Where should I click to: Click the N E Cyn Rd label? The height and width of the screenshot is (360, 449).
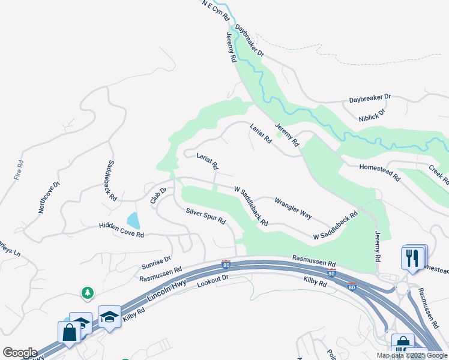[216, 11]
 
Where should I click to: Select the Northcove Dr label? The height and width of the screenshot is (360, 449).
[49, 197]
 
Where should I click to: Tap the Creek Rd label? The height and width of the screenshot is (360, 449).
[438, 174]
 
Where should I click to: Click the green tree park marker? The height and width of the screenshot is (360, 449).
[88, 292]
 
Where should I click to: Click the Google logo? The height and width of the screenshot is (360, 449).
[20, 353]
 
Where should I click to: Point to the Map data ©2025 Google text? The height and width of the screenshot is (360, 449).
[412, 355]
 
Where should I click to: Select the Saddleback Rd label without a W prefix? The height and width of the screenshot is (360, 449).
[112, 181]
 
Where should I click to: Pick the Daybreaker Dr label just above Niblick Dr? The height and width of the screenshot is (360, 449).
[370, 97]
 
